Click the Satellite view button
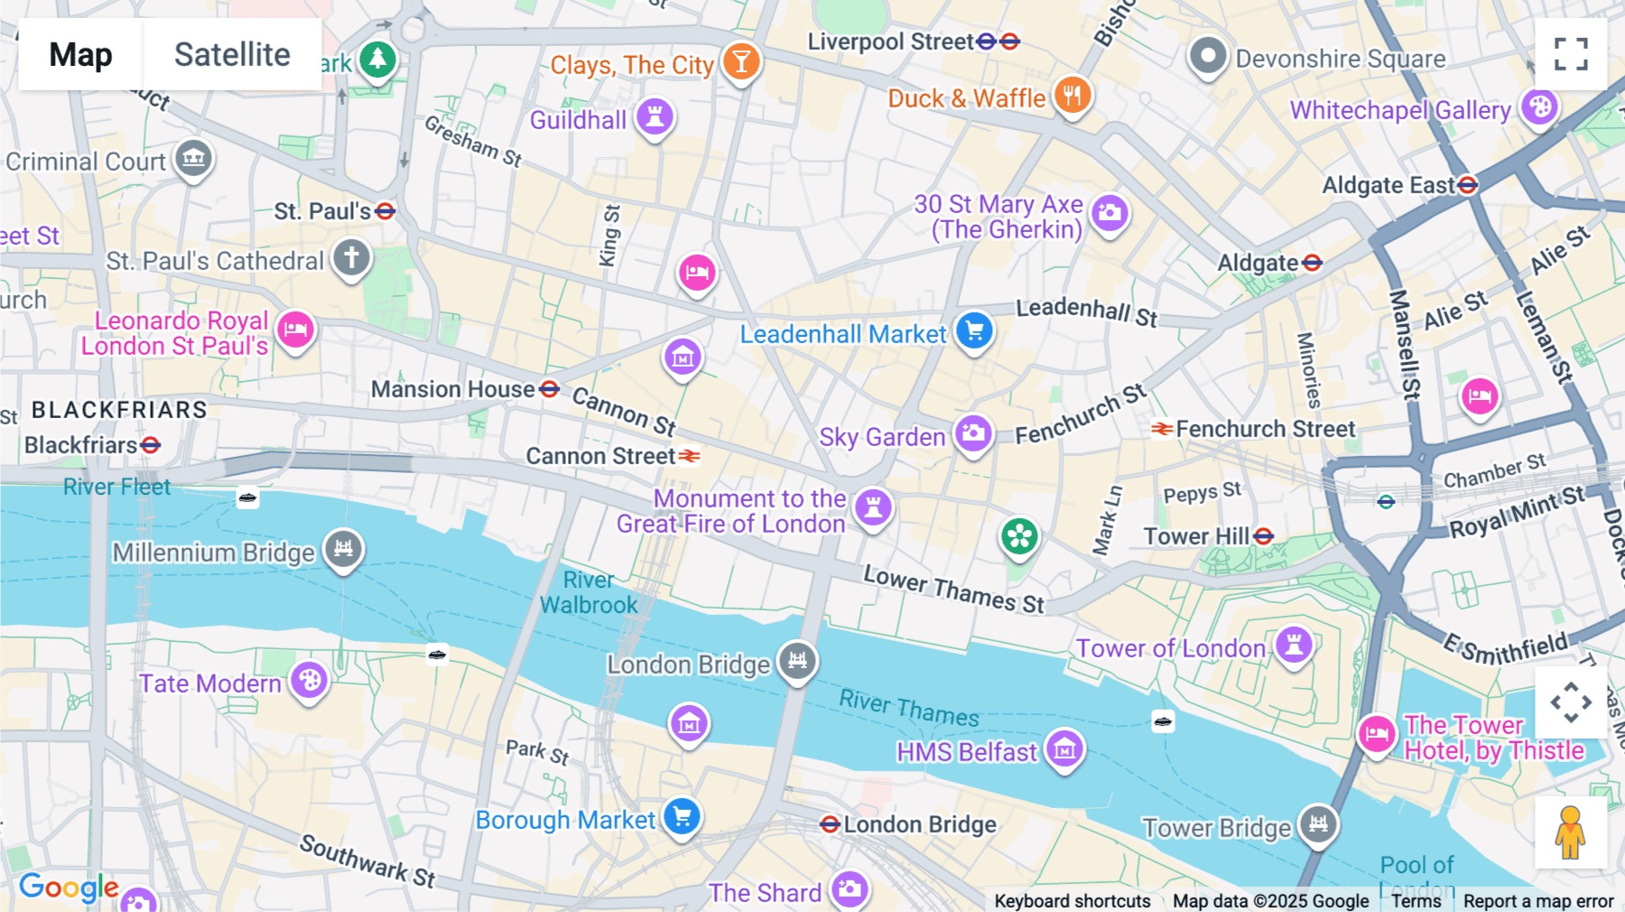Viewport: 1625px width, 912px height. tap(232, 54)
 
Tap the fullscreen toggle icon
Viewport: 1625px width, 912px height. tap(1571, 54)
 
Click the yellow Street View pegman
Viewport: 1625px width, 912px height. tap(1570, 832)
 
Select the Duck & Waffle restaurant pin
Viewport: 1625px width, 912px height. tap(1072, 94)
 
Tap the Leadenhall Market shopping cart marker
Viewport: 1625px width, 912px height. tap(974, 330)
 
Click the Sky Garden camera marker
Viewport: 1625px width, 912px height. tap(973, 433)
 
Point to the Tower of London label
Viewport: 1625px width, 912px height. tap(1170, 648)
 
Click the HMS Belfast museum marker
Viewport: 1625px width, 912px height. tap(1065, 749)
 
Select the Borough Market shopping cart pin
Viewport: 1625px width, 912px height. tap(682, 817)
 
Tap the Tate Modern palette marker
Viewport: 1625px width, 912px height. tap(310, 679)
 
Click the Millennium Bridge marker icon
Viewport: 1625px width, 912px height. tap(344, 548)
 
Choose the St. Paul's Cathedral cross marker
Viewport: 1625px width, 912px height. tap(352, 257)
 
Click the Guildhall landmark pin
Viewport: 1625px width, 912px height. tap(655, 116)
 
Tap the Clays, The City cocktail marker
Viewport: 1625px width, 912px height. tap(741, 61)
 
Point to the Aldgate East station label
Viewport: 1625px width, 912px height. tap(1388, 186)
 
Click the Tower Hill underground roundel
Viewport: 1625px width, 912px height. tap(1264, 536)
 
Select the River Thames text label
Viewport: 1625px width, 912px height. tap(909, 709)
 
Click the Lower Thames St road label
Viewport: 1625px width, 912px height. tap(953, 590)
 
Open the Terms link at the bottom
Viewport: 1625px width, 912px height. tap(1416, 900)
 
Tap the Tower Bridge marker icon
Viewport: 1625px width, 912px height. tap(1318, 824)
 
